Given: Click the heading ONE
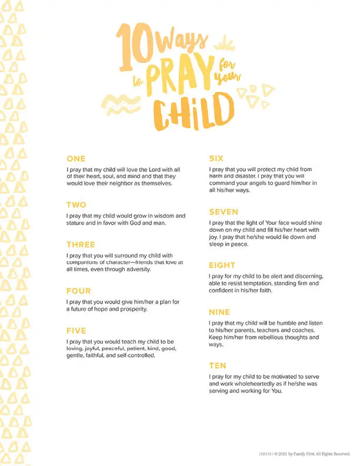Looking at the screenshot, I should pyautogui.click(x=76, y=159).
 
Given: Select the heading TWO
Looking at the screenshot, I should pyautogui.click(x=76, y=205).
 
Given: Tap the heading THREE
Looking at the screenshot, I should pyautogui.click(x=81, y=245).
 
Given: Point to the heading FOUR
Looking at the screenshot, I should pyautogui.click(x=78, y=291).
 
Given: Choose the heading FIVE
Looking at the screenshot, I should pyautogui.click(x=76, y=331).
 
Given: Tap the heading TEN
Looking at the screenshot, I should pyautogui.click(x=218, y=365).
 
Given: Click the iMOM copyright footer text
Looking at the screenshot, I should pyautogui.click(x=304, y=454).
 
